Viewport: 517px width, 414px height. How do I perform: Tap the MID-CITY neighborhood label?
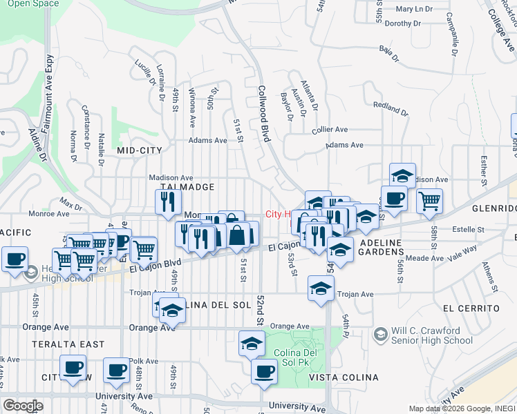click(x=139, y=150)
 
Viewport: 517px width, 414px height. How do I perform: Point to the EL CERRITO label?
click(x=471, y=308)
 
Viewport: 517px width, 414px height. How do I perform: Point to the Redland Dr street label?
click(x=391, y=108)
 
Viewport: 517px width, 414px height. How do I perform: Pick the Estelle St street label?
click(x=469, y=229)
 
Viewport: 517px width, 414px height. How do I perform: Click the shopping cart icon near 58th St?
click(x=429, y=200)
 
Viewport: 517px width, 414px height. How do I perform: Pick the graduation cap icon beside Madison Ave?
click(x=402, y=175)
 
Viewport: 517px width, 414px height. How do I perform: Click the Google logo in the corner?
click(x=23, y=406)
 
